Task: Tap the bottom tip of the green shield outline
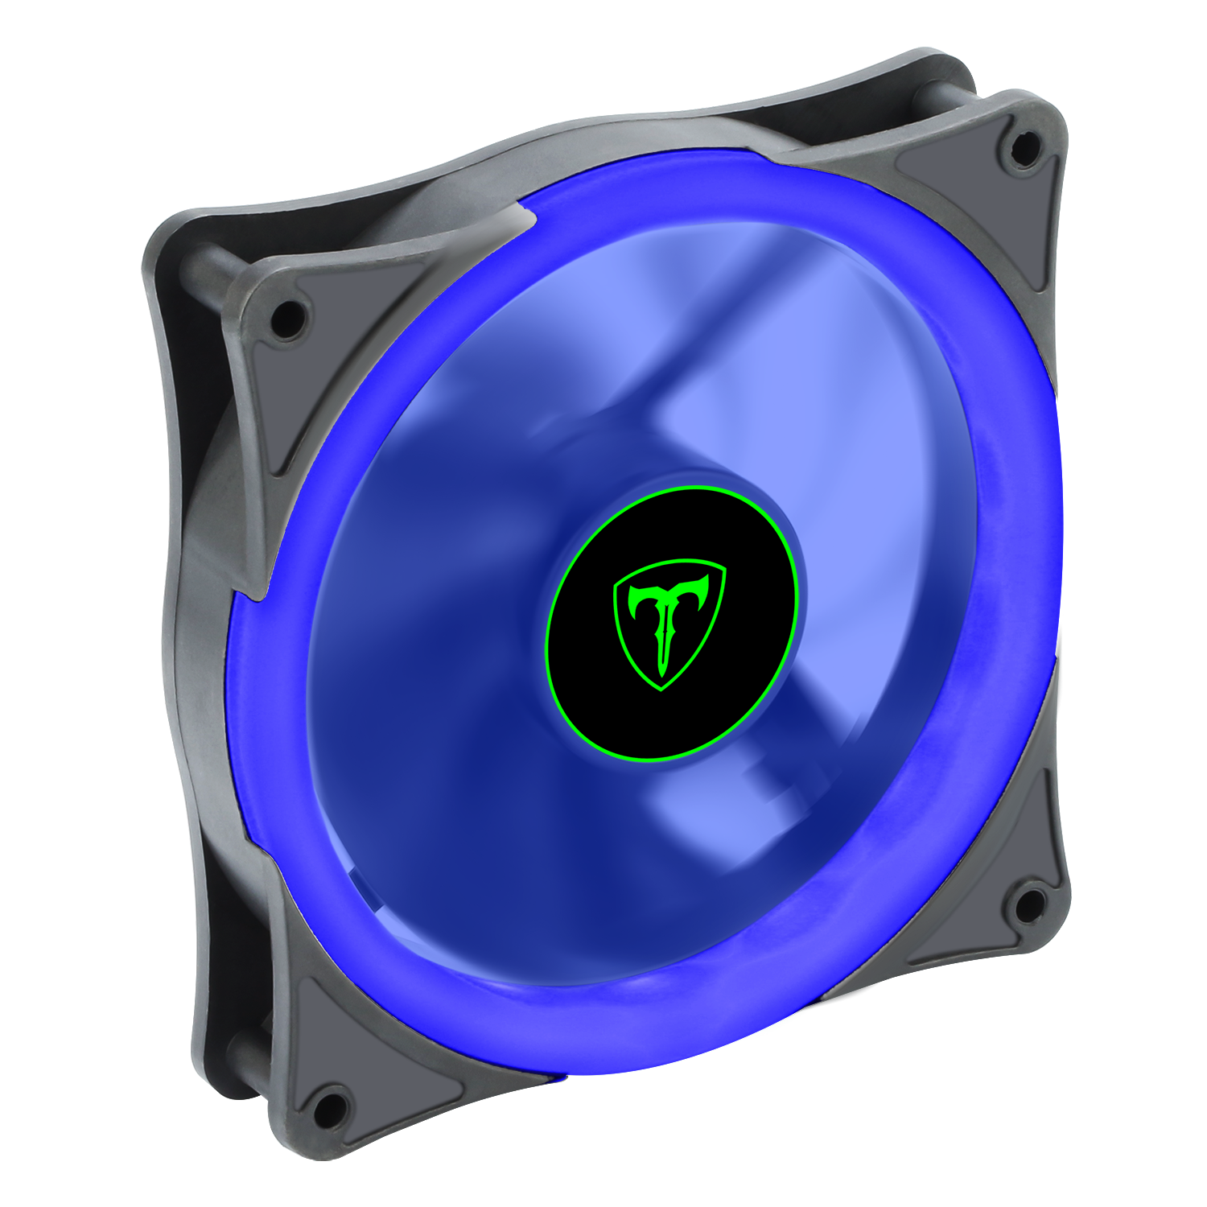(x=661, y=689)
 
